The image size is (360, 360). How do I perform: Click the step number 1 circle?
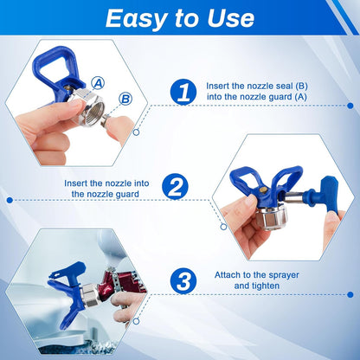point(183,92)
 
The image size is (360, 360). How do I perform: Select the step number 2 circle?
point(175,186)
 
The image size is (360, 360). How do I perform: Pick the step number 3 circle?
point(183,280)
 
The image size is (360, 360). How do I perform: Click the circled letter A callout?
point(98,83)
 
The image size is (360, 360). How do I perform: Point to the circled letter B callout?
point(125,99)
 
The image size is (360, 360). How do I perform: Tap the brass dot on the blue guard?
point(263,190)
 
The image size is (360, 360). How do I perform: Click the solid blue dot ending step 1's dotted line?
point(350,106)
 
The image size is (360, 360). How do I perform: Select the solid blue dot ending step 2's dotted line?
point(10,200)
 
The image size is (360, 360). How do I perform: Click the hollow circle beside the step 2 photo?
point(223,227)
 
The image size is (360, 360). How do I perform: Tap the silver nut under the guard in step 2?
point(271,217)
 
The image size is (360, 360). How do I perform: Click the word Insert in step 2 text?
point(76,183)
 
